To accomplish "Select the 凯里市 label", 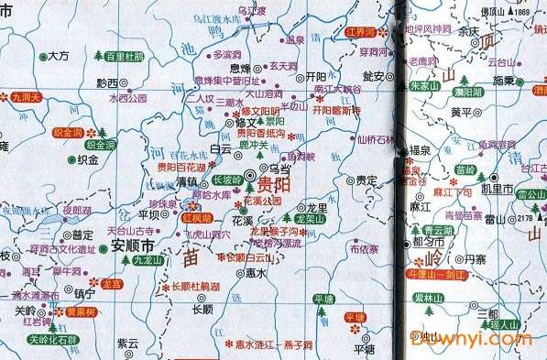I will click(498, 189).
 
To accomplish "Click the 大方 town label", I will click(58, 56).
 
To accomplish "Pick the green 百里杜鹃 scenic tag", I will click(125, 56).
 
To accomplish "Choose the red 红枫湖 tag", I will click(196, 220).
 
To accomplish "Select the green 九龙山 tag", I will click(148, 261).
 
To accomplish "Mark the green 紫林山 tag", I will click(428, 299).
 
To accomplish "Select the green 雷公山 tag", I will click(531, 195).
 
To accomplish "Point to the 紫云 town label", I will click(127, 343).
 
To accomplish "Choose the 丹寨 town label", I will click(476, 261).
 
